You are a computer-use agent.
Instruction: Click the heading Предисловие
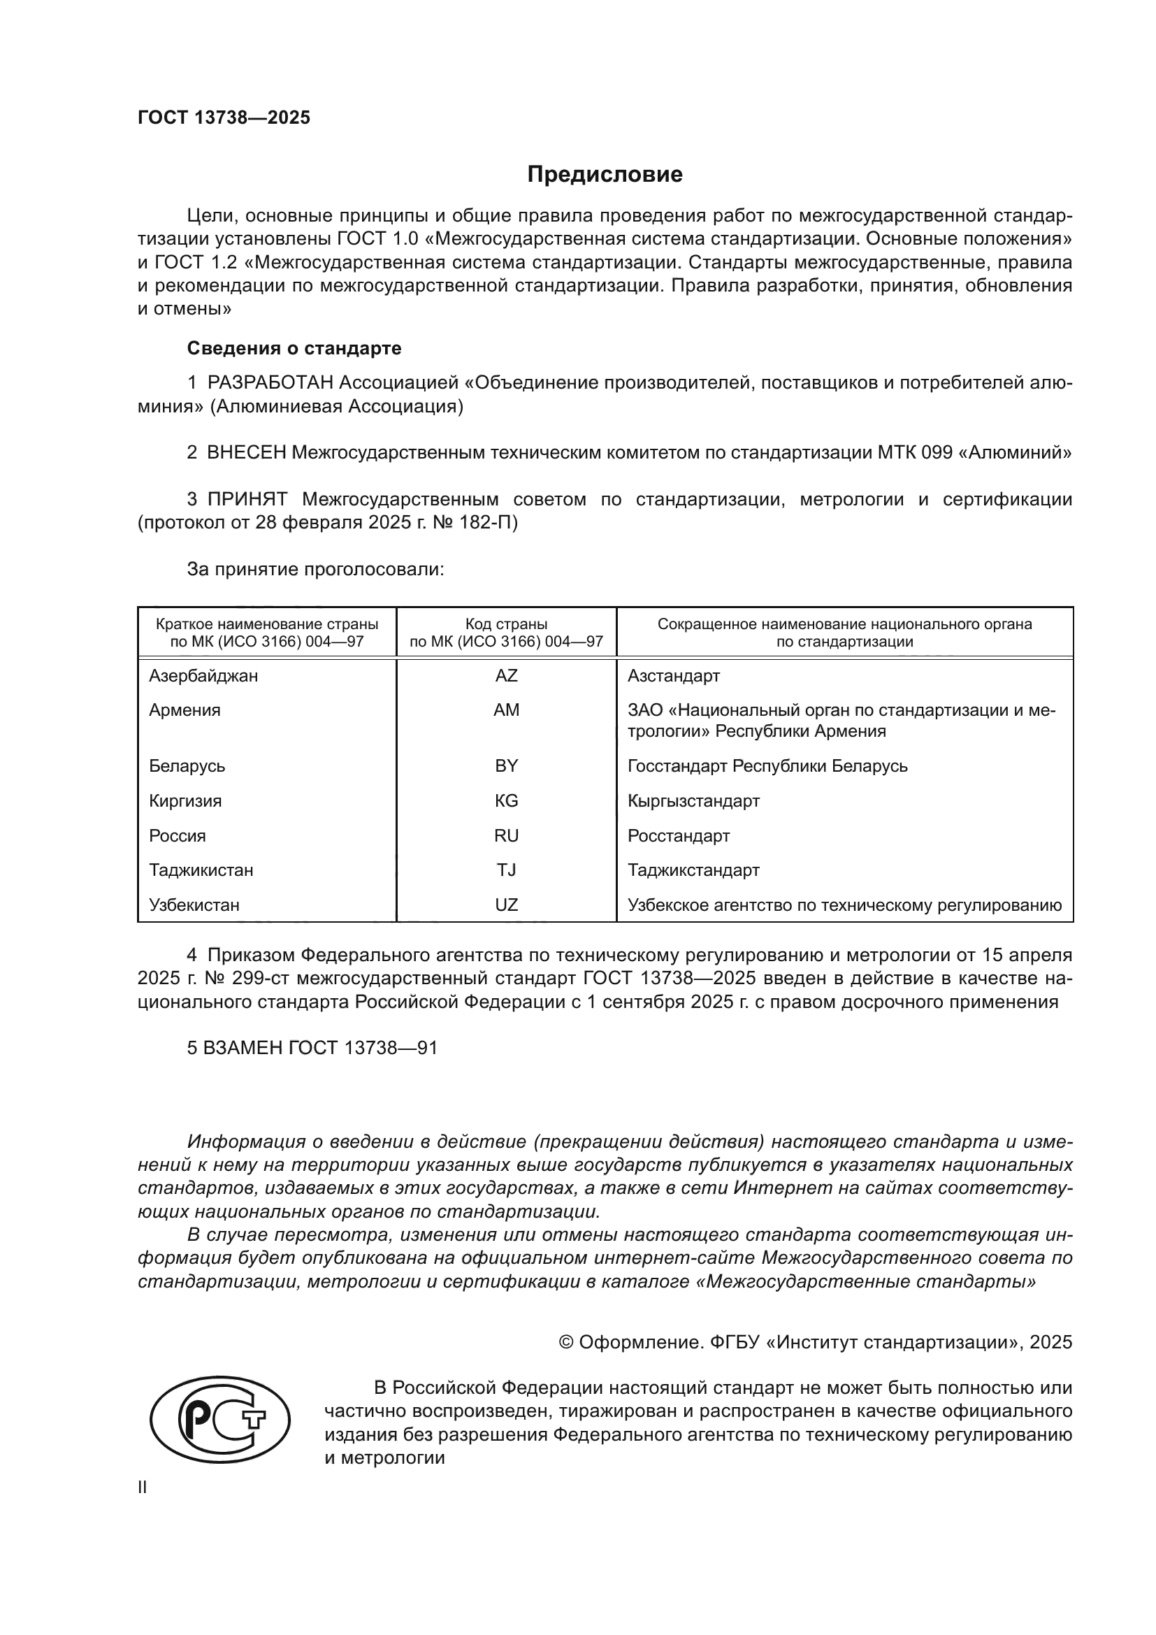605,175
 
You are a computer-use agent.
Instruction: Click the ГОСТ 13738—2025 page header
224,118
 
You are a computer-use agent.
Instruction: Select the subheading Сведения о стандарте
294,348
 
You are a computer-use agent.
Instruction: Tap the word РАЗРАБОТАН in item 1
270,383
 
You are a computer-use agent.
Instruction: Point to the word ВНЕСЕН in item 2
246,452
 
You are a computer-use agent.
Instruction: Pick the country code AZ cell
506,676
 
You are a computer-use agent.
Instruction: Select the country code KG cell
506,801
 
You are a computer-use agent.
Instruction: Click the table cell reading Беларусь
187,766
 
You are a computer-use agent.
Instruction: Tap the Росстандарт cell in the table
679,836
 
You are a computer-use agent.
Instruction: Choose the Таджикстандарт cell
693,870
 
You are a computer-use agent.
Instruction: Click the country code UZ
506,905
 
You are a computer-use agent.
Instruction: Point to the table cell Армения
185,710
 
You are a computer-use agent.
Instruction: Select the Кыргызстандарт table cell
693,801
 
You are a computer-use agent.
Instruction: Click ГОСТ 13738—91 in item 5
363,1048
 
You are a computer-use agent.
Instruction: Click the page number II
143,1487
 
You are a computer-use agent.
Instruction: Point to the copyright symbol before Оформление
566,1342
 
